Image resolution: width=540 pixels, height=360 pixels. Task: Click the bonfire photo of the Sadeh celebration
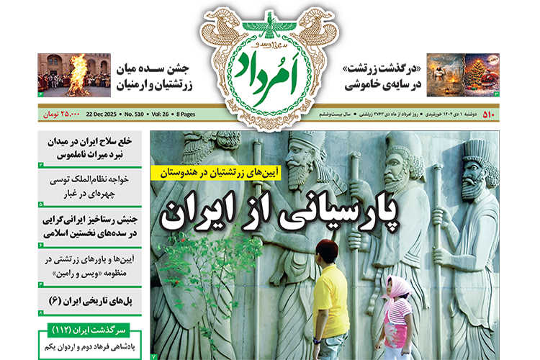(74, 75)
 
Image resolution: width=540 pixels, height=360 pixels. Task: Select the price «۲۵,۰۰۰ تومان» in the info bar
(59, 113)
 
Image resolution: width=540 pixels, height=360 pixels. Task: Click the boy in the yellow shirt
(329, 292)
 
